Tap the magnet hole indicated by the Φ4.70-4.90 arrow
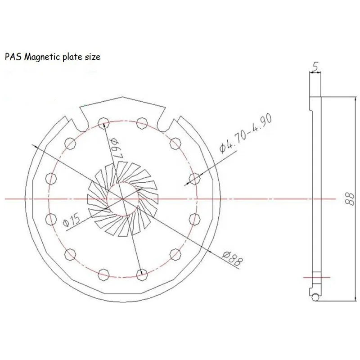tap(195, 177)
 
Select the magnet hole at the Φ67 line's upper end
tap(103, 121)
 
